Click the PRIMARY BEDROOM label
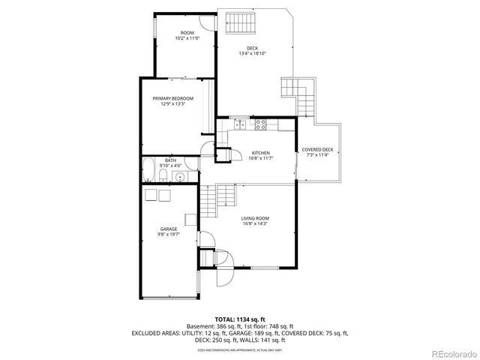[172, 99]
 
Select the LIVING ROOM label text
[255, 218]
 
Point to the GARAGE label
[168, 229]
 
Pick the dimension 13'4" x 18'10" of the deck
[253, 53]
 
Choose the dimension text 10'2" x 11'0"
[187, 37]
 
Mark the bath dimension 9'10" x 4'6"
[171, 165]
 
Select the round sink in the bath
[179, 177]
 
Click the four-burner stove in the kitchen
[261, 123]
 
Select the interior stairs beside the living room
[209, 199]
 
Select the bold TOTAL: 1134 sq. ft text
[239, 319]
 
